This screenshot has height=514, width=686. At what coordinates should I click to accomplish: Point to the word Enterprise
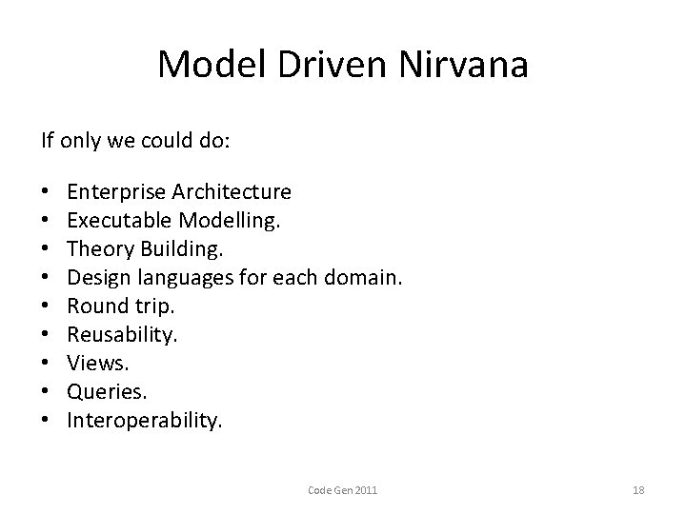pyautogui.click(x=115, y=192)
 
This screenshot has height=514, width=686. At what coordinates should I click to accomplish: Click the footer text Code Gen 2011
pyautogui.click(x=343, y=490)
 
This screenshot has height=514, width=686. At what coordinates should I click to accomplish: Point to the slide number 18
pyautogui.click(x=638, y=490)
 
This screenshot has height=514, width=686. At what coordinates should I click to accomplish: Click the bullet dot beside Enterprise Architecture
pyautogui.click(x=45, y=192)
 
